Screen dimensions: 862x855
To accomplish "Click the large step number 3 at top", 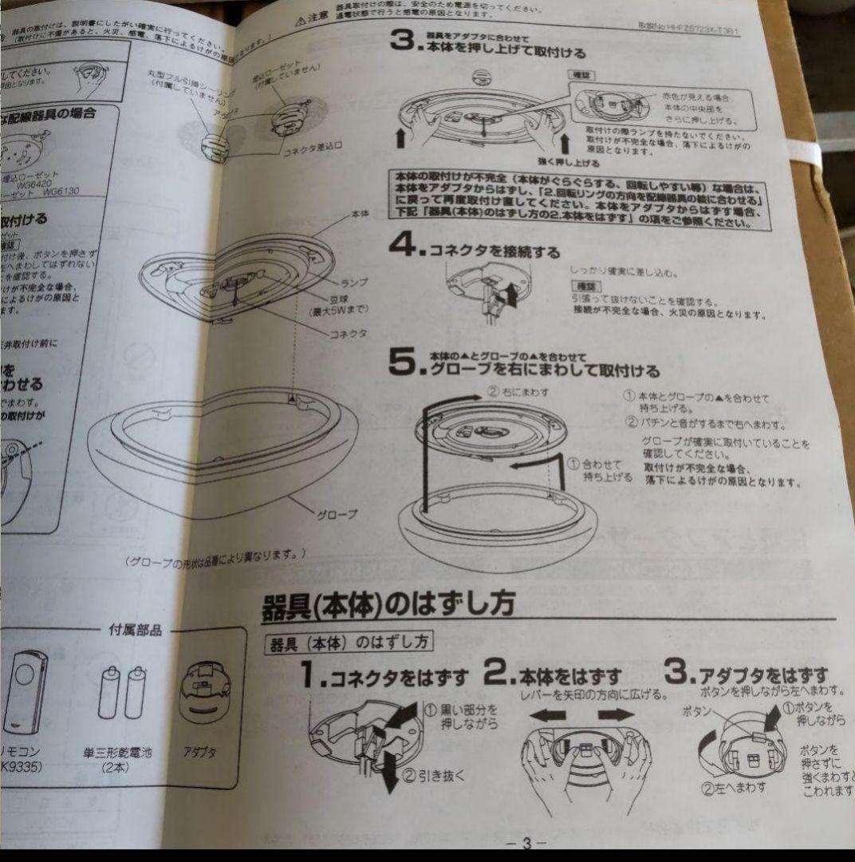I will (x=402, y=45).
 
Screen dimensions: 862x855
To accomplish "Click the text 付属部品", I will (x=135, y=631).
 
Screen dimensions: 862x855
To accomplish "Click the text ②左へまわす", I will (x=734, y=787).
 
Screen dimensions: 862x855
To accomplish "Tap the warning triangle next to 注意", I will (x=300, y=18).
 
